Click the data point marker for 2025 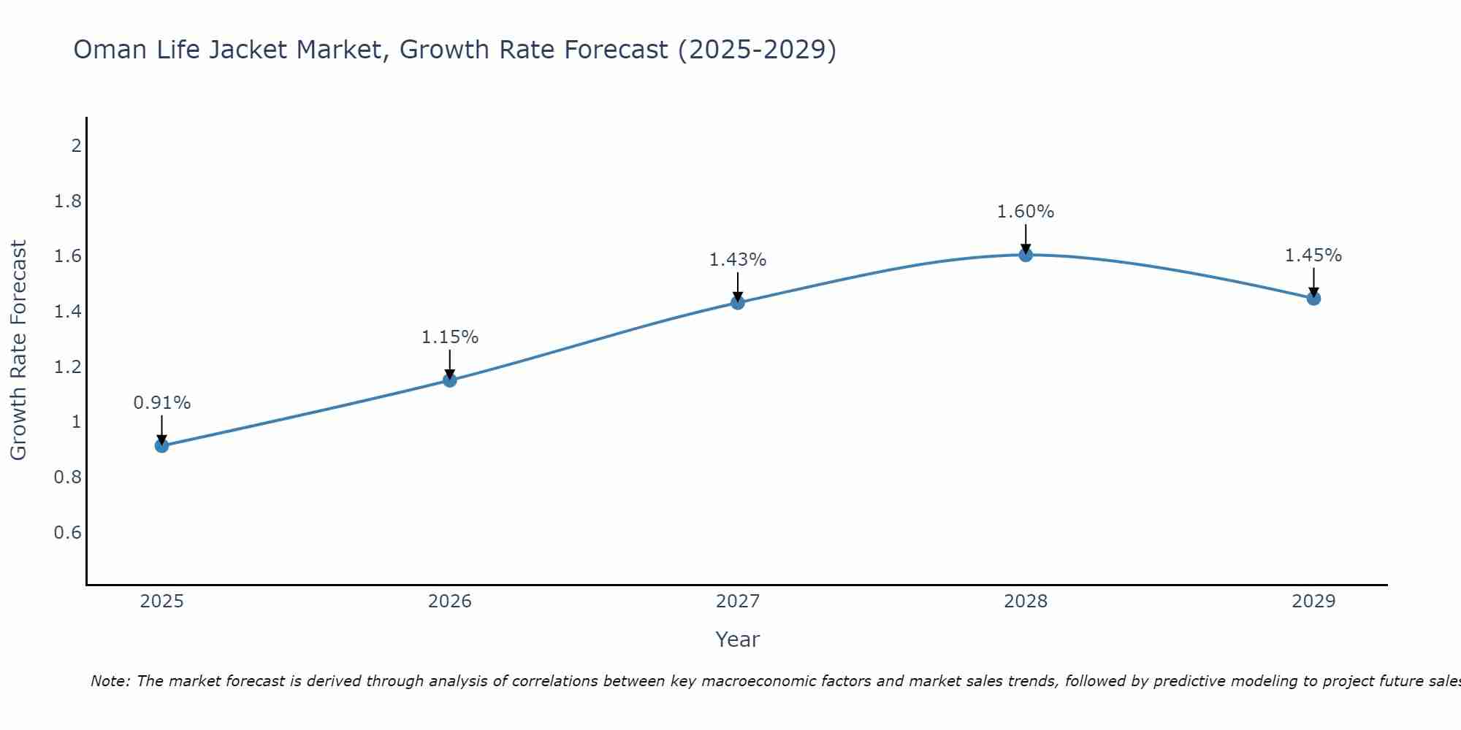tap(162, 446)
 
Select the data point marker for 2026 tap(450, 380)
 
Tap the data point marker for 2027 tap(738, 303)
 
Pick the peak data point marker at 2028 tap(1026, 255)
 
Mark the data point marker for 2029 tap(1313, 298)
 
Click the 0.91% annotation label tap(162, 403)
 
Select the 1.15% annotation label tap(450, 337)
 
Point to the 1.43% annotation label tap(738, 260)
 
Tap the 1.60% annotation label tap(1026, 212)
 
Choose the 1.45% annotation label tap(1313, 255)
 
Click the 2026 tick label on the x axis tap(450, 602)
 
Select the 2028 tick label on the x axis tap(1026, 602)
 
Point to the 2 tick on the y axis tap(76, 146)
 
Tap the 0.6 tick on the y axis tap(68, 533)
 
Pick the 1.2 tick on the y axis tap(68, 367)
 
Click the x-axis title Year tap(738, 639)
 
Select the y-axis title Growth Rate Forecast tap(18, 350)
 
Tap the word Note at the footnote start tap(110, 681)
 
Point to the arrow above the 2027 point tap(738, 286)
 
